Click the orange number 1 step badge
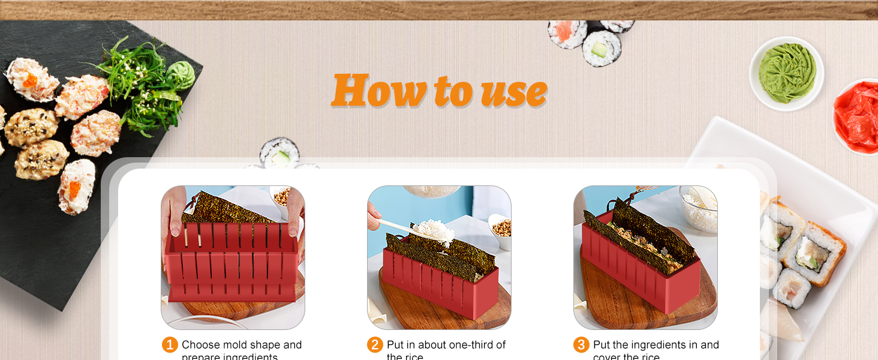tap(170, 345)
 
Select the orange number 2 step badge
tap(375, 345)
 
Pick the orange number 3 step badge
tap(581, 345)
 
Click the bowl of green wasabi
tap(786, 73)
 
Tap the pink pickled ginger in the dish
tap(858, 117)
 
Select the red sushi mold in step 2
tap(441, 282)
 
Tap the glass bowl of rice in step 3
tap(699, 208)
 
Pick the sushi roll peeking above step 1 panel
tap(279, 152)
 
